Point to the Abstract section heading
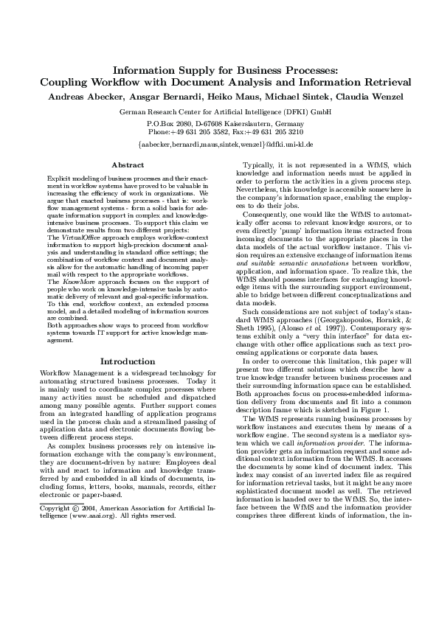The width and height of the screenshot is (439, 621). pos(126,164)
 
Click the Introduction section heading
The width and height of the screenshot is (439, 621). pos(126,361)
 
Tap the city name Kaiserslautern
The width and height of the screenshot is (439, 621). pos(249,123)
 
